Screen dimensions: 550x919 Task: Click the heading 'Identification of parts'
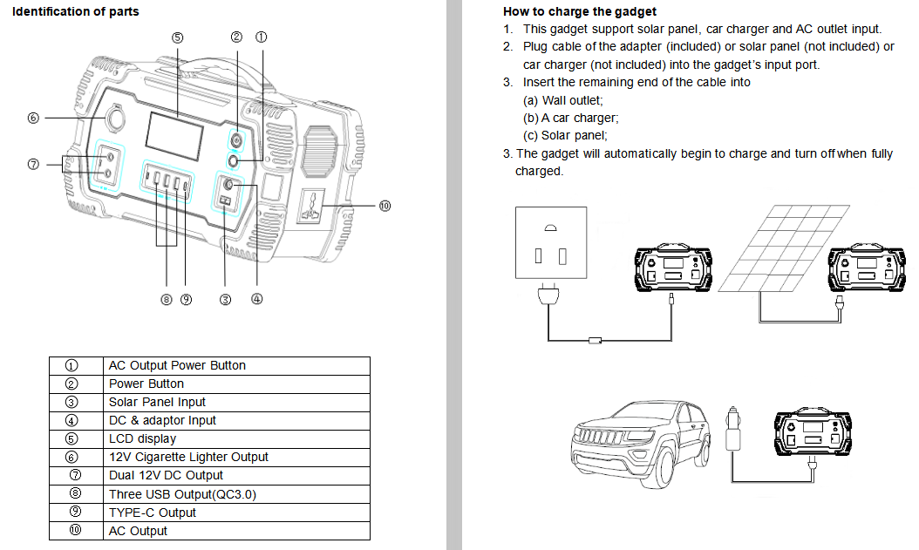click(76, 11)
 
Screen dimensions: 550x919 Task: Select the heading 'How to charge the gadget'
click(580, 11)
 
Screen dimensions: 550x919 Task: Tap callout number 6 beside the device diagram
click(33, 118)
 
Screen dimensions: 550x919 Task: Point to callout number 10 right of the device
click(385, 207)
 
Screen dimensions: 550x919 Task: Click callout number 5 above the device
click(177, 37)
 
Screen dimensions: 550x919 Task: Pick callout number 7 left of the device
click(33, 165)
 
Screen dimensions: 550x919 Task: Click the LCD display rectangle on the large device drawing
click(174, 138)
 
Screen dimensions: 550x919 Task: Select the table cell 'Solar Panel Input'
click(157, 402)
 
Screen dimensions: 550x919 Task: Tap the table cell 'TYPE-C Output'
click(153, 513)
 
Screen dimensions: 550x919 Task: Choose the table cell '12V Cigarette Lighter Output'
click(188, 457)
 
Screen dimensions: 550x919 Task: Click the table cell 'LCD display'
click(142, 438)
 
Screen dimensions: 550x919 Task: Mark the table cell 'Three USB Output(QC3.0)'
click(182, 494)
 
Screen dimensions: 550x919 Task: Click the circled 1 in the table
click(72, 365)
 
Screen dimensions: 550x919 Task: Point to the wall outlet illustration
click(551, 242)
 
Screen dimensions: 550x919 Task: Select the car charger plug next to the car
click(733, 427)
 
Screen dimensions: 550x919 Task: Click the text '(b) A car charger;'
click(570, 118)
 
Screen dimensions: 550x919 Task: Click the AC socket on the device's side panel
click(313, 207)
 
